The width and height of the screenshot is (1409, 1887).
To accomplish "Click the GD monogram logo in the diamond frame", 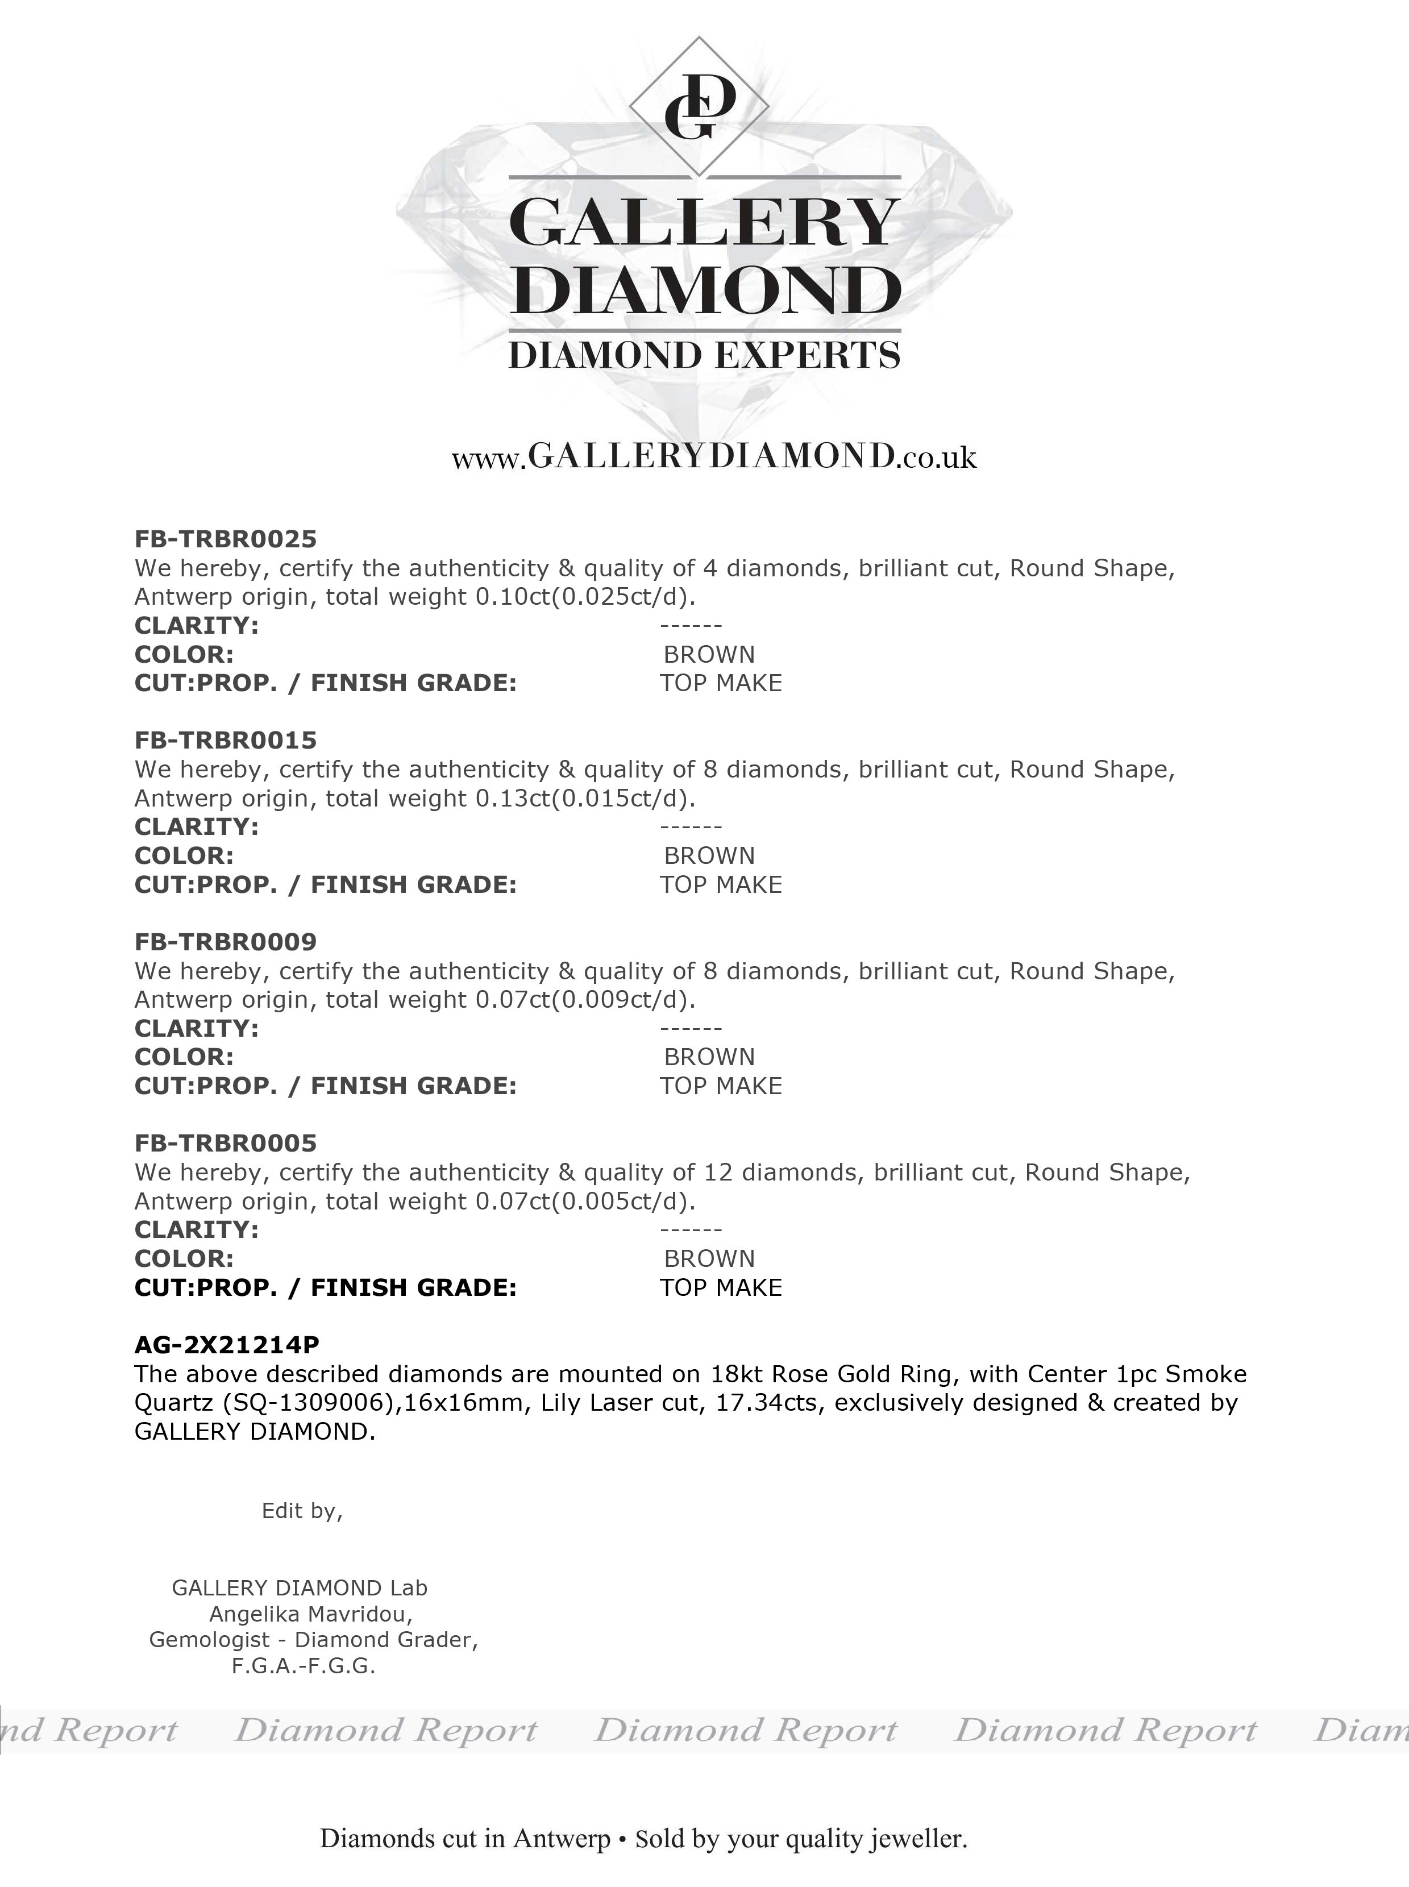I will [x=699, y=107].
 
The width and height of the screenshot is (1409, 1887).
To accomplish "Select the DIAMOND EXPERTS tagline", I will [x=705, y=355].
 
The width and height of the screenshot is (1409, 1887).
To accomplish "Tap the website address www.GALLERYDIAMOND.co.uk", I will [x=714, y=457].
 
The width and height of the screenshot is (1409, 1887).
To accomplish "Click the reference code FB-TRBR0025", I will [x=225, y=539].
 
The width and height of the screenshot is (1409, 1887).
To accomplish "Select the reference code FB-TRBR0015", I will [x=225, y=740].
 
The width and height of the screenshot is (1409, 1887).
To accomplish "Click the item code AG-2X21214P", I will [x=227, y=1345].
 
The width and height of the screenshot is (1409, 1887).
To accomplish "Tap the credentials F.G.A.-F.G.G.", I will [x=304, y=1666].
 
